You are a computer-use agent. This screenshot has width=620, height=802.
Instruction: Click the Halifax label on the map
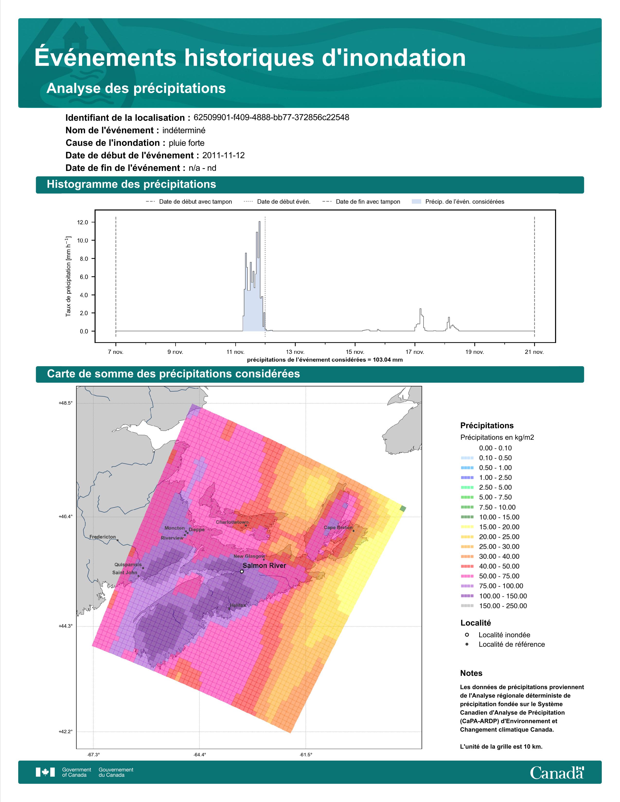point(238,605)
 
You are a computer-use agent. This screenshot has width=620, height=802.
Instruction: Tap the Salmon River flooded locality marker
point(242,571)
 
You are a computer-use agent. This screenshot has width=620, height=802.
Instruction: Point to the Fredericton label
point(102,537)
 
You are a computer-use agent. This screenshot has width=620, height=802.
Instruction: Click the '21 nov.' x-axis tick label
point(534,352)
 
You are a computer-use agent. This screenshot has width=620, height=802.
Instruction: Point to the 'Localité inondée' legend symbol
point(467,635)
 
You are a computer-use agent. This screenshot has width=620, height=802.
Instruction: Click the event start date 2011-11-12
point(223,155)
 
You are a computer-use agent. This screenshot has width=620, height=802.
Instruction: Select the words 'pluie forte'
point(186,143)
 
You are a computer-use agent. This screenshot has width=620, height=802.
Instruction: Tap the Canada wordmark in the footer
point(557,773)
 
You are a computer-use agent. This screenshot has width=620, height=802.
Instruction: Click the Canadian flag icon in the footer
point(45,772)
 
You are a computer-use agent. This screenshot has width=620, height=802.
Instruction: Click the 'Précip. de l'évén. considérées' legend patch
point(416,202)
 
